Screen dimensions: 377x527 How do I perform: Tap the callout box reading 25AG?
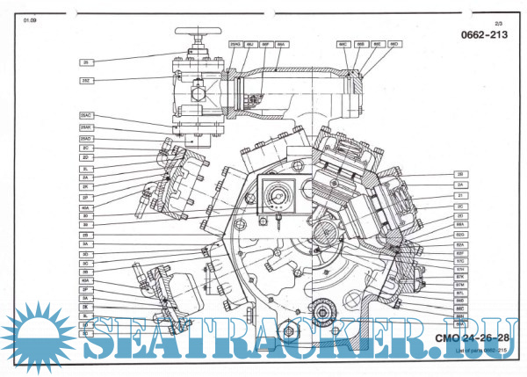click(x=236, y=43)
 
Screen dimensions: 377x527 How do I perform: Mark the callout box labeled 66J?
click(x=250, y=43)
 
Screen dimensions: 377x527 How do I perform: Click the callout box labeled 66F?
click(x=264, y=43)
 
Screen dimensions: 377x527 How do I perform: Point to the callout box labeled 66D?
click(x=394, y=43)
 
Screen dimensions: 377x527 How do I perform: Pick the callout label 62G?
click(x=459, y=236)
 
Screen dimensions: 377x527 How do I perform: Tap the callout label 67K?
click(x=459, y=278)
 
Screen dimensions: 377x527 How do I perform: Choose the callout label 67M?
click(x=459, y=286)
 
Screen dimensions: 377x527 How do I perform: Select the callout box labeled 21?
click(x=459, y=195)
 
